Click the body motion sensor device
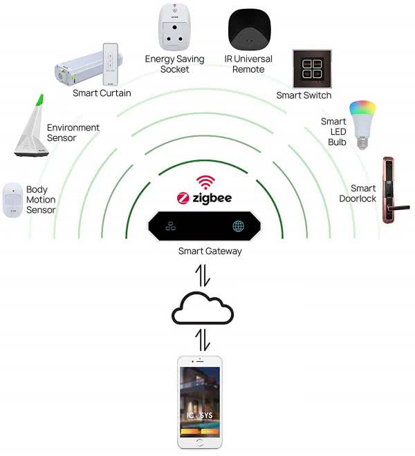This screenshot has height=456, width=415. tap(13, 200)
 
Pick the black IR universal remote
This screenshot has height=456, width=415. tap(248, 28)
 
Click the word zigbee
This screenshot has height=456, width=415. tap(212, 199)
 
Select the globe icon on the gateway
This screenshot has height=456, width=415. tap(239, 227)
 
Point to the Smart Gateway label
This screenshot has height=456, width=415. tap(210, 251)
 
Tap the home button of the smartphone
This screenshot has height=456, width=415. tap(200, 442)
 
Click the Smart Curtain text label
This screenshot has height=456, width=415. tap(102, 93)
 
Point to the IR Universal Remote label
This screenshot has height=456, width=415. tap(248, 64)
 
